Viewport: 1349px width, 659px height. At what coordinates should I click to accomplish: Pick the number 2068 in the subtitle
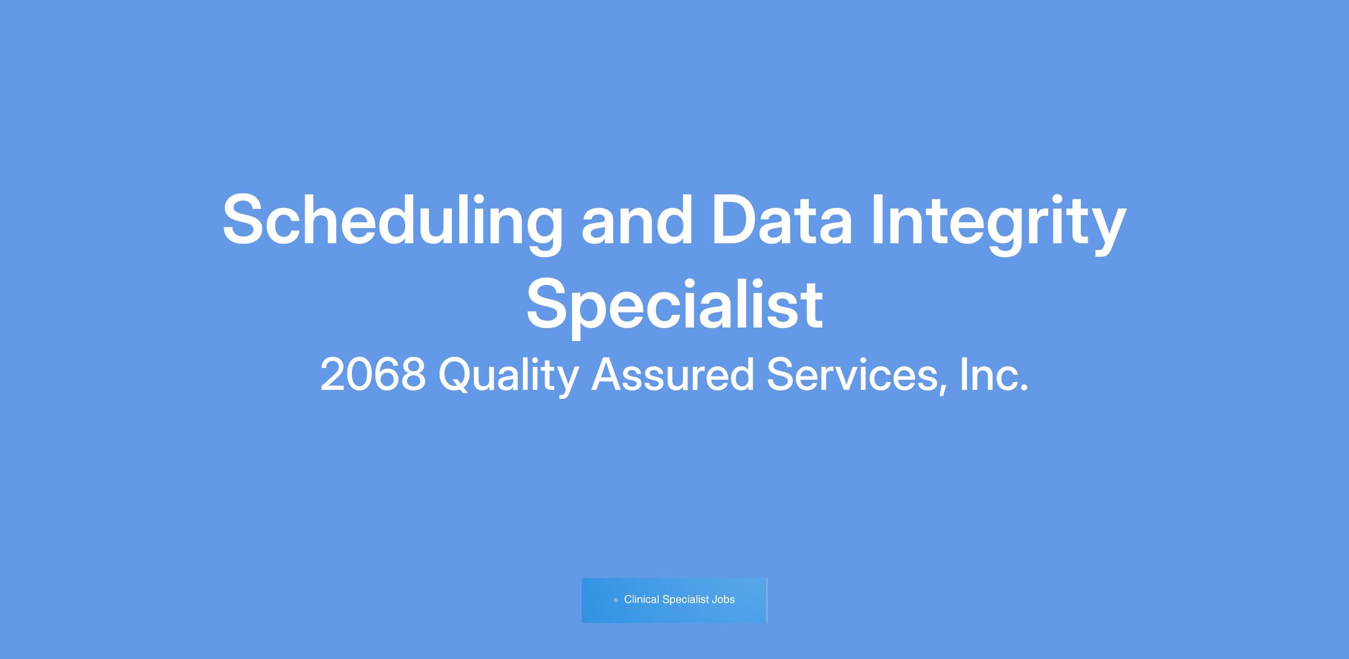[373, 375]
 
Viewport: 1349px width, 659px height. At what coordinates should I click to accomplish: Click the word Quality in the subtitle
[509, 377]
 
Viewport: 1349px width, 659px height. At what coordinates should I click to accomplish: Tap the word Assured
[673, 375]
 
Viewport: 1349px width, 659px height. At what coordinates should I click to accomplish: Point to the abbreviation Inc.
[994, 375]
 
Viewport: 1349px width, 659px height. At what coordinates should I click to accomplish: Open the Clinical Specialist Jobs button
[674, 600]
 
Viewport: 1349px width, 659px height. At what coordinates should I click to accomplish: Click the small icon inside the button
[615, 600]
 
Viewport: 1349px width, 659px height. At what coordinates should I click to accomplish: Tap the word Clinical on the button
[641, 599]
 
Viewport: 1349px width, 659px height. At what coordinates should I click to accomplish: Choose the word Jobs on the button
[723, 599]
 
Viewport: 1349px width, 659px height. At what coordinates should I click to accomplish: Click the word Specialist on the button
[686, 600]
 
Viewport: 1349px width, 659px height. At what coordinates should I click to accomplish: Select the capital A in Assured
[609, 375]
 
